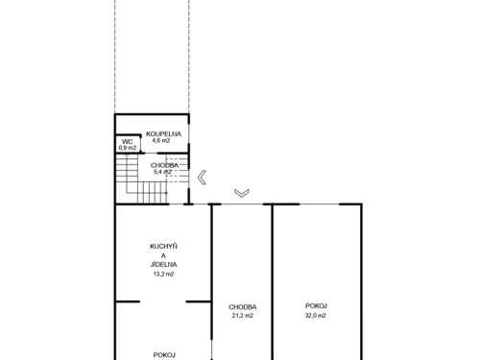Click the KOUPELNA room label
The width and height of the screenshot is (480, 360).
pos(164,134)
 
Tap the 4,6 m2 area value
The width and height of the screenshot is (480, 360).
pos(164,142)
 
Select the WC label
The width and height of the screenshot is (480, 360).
pos(126,142)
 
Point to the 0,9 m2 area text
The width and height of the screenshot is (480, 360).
pos(126,149)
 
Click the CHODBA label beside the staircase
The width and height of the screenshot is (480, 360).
pos(163,164)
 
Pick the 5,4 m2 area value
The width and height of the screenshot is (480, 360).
pos(163,172)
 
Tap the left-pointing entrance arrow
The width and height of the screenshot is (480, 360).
pos(202,176)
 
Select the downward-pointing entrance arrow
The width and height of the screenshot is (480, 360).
pos(241,192)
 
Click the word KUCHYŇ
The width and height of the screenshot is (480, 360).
pos(163,245)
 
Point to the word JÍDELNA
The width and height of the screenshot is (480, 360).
pos(163,264)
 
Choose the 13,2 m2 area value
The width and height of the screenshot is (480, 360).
pos(163,274)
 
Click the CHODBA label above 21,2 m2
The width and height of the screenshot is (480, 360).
pos(242,307)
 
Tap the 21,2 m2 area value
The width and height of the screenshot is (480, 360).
pos(242,315)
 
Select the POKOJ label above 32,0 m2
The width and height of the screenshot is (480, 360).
pos(316,307)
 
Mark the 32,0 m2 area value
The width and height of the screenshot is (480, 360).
pos(316,315)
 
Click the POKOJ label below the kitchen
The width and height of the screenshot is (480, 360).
pos(163,353)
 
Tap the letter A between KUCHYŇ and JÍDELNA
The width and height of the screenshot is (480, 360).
pos(163,254)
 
